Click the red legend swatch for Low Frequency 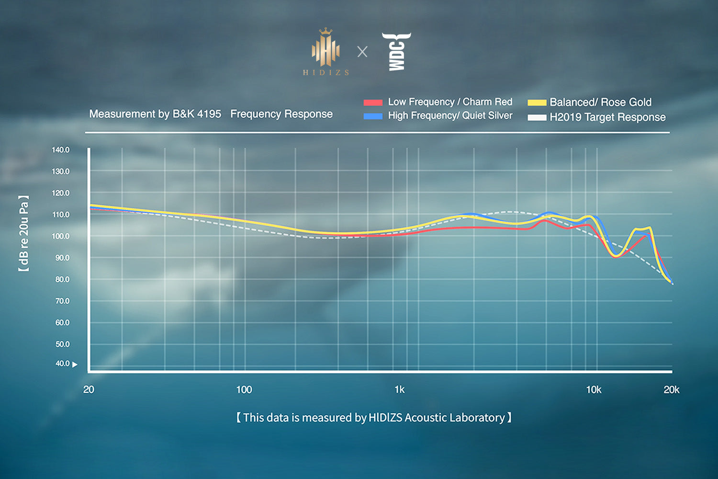373,103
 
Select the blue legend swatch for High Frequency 373,116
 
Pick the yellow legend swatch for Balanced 537,103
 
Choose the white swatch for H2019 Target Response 537,117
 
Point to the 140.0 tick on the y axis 61,150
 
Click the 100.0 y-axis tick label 61,236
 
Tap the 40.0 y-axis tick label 63,364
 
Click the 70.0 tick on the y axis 62,301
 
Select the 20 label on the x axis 89,389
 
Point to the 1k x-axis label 399,389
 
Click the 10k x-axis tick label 594,389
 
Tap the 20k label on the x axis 671,389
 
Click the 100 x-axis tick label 244,389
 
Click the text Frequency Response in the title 281,114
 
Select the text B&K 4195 197,114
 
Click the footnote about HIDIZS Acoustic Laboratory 374,418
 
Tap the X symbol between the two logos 362,52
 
